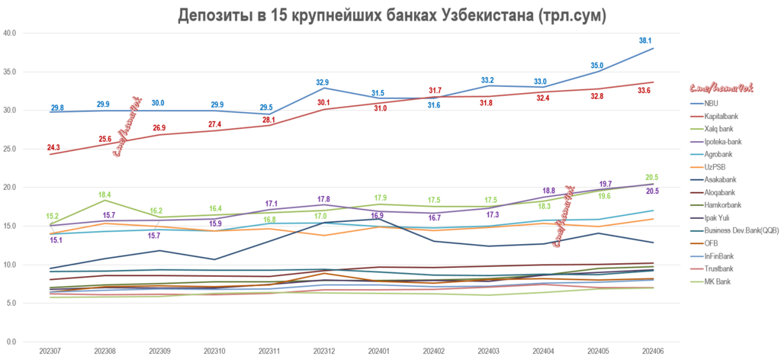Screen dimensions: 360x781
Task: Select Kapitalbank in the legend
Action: pyautogui.click(x=721, y=116)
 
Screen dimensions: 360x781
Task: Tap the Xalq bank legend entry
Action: pyautogui.click(x=719, y=129)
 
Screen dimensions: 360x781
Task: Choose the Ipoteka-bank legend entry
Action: pyautogui.click(x=723, y=142)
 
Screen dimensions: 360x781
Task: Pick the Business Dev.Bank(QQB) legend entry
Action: pyautogui.click(x=740, y=230)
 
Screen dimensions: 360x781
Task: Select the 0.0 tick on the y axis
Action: pyautogui.click(x=12, y=342)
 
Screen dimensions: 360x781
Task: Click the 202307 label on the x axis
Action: pyautogui.click(x=50, y=350)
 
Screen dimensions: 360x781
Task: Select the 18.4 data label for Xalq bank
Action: pyautogui.click(x=105, y=195)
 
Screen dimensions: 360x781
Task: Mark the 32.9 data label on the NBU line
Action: pyautogui.click(x=323, y=82)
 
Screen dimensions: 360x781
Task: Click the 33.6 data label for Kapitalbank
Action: pyautogui.click(x=644, y=91)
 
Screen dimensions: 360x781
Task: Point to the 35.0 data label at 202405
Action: pyautogui.click(x=597, y=66)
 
